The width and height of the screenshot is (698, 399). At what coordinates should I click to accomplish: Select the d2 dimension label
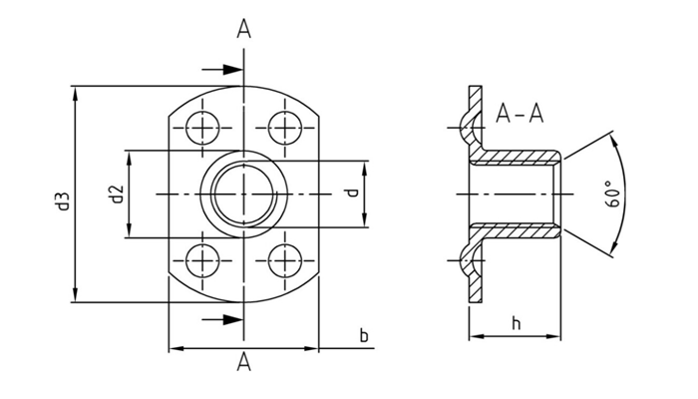[116, 194]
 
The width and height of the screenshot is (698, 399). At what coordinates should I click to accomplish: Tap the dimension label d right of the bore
[351, 193]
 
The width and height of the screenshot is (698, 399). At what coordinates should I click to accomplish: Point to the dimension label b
[364, 335]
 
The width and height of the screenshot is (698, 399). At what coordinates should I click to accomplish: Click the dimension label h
[516, 323]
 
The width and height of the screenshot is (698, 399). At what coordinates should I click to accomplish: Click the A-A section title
[520, 115]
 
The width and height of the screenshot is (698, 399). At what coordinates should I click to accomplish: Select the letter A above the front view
[243, 30]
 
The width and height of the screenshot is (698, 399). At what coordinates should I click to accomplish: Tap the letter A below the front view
[243, 363]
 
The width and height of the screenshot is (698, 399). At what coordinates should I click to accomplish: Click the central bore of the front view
[243, 193]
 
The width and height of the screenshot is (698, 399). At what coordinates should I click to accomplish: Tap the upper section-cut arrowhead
[235, 70]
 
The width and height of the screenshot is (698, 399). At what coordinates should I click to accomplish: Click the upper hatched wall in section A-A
[519, 158]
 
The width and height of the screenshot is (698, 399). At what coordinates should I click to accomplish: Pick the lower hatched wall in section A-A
[519, 229]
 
